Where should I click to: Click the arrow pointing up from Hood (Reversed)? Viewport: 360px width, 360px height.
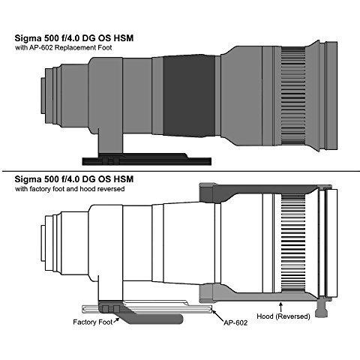pos(280,308)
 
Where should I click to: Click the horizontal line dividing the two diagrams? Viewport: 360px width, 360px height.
pos(180,172)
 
